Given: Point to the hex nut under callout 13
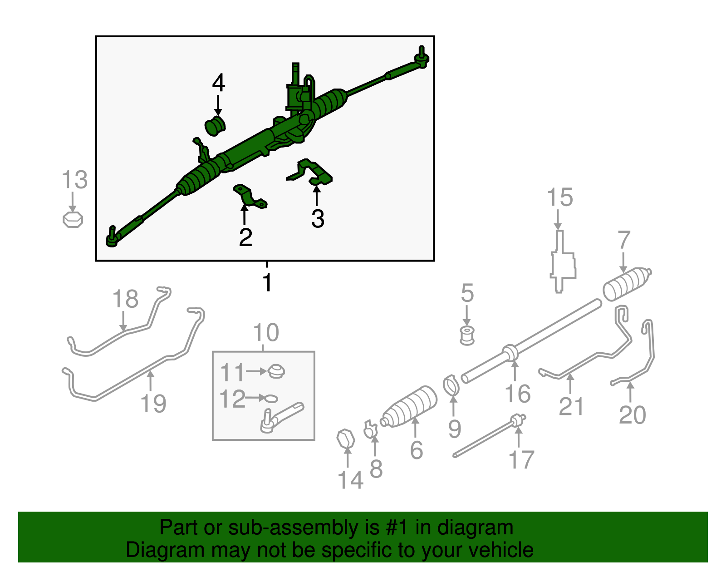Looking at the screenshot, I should (73, 220).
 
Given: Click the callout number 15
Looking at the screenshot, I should (560, 198).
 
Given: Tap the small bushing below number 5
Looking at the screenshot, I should (467, 335).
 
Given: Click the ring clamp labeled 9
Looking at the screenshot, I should (451, 385).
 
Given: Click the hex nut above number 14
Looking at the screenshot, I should (346, 439).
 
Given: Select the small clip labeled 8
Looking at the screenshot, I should (370, 429).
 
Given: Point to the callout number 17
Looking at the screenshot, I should (521, 460).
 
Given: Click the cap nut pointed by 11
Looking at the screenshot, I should (275, 371).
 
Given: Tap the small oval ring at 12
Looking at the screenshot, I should (270, 398).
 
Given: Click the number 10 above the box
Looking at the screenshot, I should (266, 333).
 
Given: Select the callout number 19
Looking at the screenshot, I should (153, 404).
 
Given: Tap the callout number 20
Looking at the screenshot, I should (632, 415).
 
